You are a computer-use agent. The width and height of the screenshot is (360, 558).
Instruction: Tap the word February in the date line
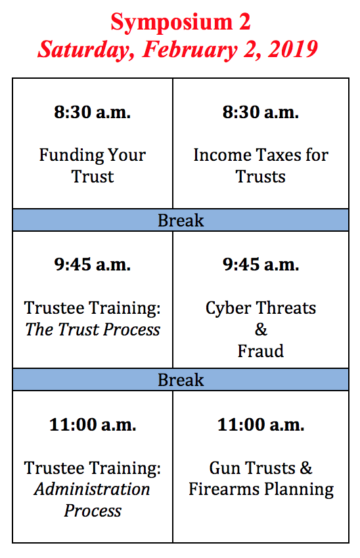tap(190, 50)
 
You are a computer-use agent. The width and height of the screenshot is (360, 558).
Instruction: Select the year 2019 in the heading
tap(293, 49)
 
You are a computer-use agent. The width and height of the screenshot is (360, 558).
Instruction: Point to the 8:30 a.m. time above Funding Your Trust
tap(93, 112)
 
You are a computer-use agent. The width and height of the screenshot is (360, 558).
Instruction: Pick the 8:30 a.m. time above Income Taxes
tap(261, 112)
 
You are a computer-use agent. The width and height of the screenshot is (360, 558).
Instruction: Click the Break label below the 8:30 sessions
tap(181, 221)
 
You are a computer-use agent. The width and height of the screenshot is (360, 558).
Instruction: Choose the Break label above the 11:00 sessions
tap(181, 379)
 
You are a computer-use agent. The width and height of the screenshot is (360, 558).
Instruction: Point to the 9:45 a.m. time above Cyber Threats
tap(261, 265)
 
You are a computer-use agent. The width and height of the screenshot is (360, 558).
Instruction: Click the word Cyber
tap(228, 309)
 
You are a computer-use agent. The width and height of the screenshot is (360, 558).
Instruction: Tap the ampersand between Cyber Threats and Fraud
tap(261, 330)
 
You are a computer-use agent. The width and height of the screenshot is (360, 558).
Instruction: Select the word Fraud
tap(261, 351)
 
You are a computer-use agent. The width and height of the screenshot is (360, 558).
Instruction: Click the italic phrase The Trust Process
tap(93, 330)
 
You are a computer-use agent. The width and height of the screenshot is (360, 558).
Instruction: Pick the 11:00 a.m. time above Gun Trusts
tap(261, 425)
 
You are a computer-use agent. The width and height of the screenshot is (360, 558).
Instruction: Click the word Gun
tap(224, 468)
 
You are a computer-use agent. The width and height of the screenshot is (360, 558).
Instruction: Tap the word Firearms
tap(224, 489)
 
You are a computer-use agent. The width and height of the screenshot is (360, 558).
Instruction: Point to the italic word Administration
tap(93, 489)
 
